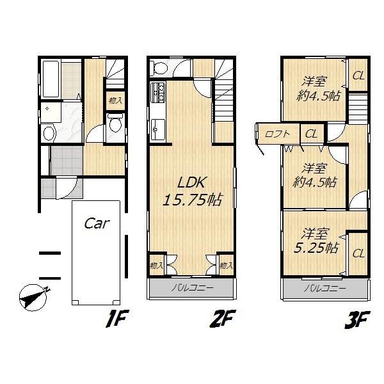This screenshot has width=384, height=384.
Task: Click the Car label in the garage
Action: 97,224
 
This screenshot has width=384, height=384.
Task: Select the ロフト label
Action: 278,134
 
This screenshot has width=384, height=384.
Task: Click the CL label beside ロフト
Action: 311,134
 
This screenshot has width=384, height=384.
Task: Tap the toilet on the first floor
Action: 115,124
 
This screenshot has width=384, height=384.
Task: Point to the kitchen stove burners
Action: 158,95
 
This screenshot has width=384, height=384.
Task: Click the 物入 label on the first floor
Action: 115,100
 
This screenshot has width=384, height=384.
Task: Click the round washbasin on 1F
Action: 49,133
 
